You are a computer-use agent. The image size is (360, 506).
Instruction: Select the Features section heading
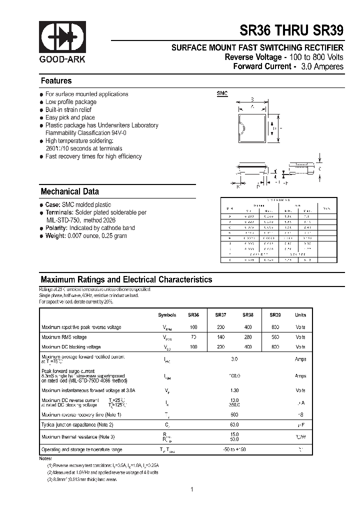[56, 81]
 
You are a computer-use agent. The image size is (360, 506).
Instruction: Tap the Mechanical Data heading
[69, 191]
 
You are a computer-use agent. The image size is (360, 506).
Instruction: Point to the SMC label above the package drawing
[221, 93]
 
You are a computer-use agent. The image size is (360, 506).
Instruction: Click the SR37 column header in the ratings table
[220, 315]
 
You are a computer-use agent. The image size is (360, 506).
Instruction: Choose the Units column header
[300, 315]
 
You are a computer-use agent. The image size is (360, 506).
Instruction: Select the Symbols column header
[167, 315]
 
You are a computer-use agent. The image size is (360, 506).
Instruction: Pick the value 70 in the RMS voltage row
[193, 337]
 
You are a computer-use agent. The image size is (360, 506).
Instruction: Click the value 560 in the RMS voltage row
[275, 337]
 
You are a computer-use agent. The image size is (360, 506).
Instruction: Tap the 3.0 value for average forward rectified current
[234, 359]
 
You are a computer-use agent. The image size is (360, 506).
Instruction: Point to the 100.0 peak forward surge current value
[234, 375]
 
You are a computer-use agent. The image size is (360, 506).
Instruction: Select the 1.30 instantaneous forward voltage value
[234, 390]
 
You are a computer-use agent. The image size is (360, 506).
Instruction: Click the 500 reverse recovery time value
[234, 414]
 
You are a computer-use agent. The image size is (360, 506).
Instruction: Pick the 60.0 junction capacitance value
[234, 424]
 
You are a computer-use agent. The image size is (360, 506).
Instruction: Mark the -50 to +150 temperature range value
[234, 449]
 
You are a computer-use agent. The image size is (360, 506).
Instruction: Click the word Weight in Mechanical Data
[55, 236]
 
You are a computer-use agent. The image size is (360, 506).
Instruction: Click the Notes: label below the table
[45, 458]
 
